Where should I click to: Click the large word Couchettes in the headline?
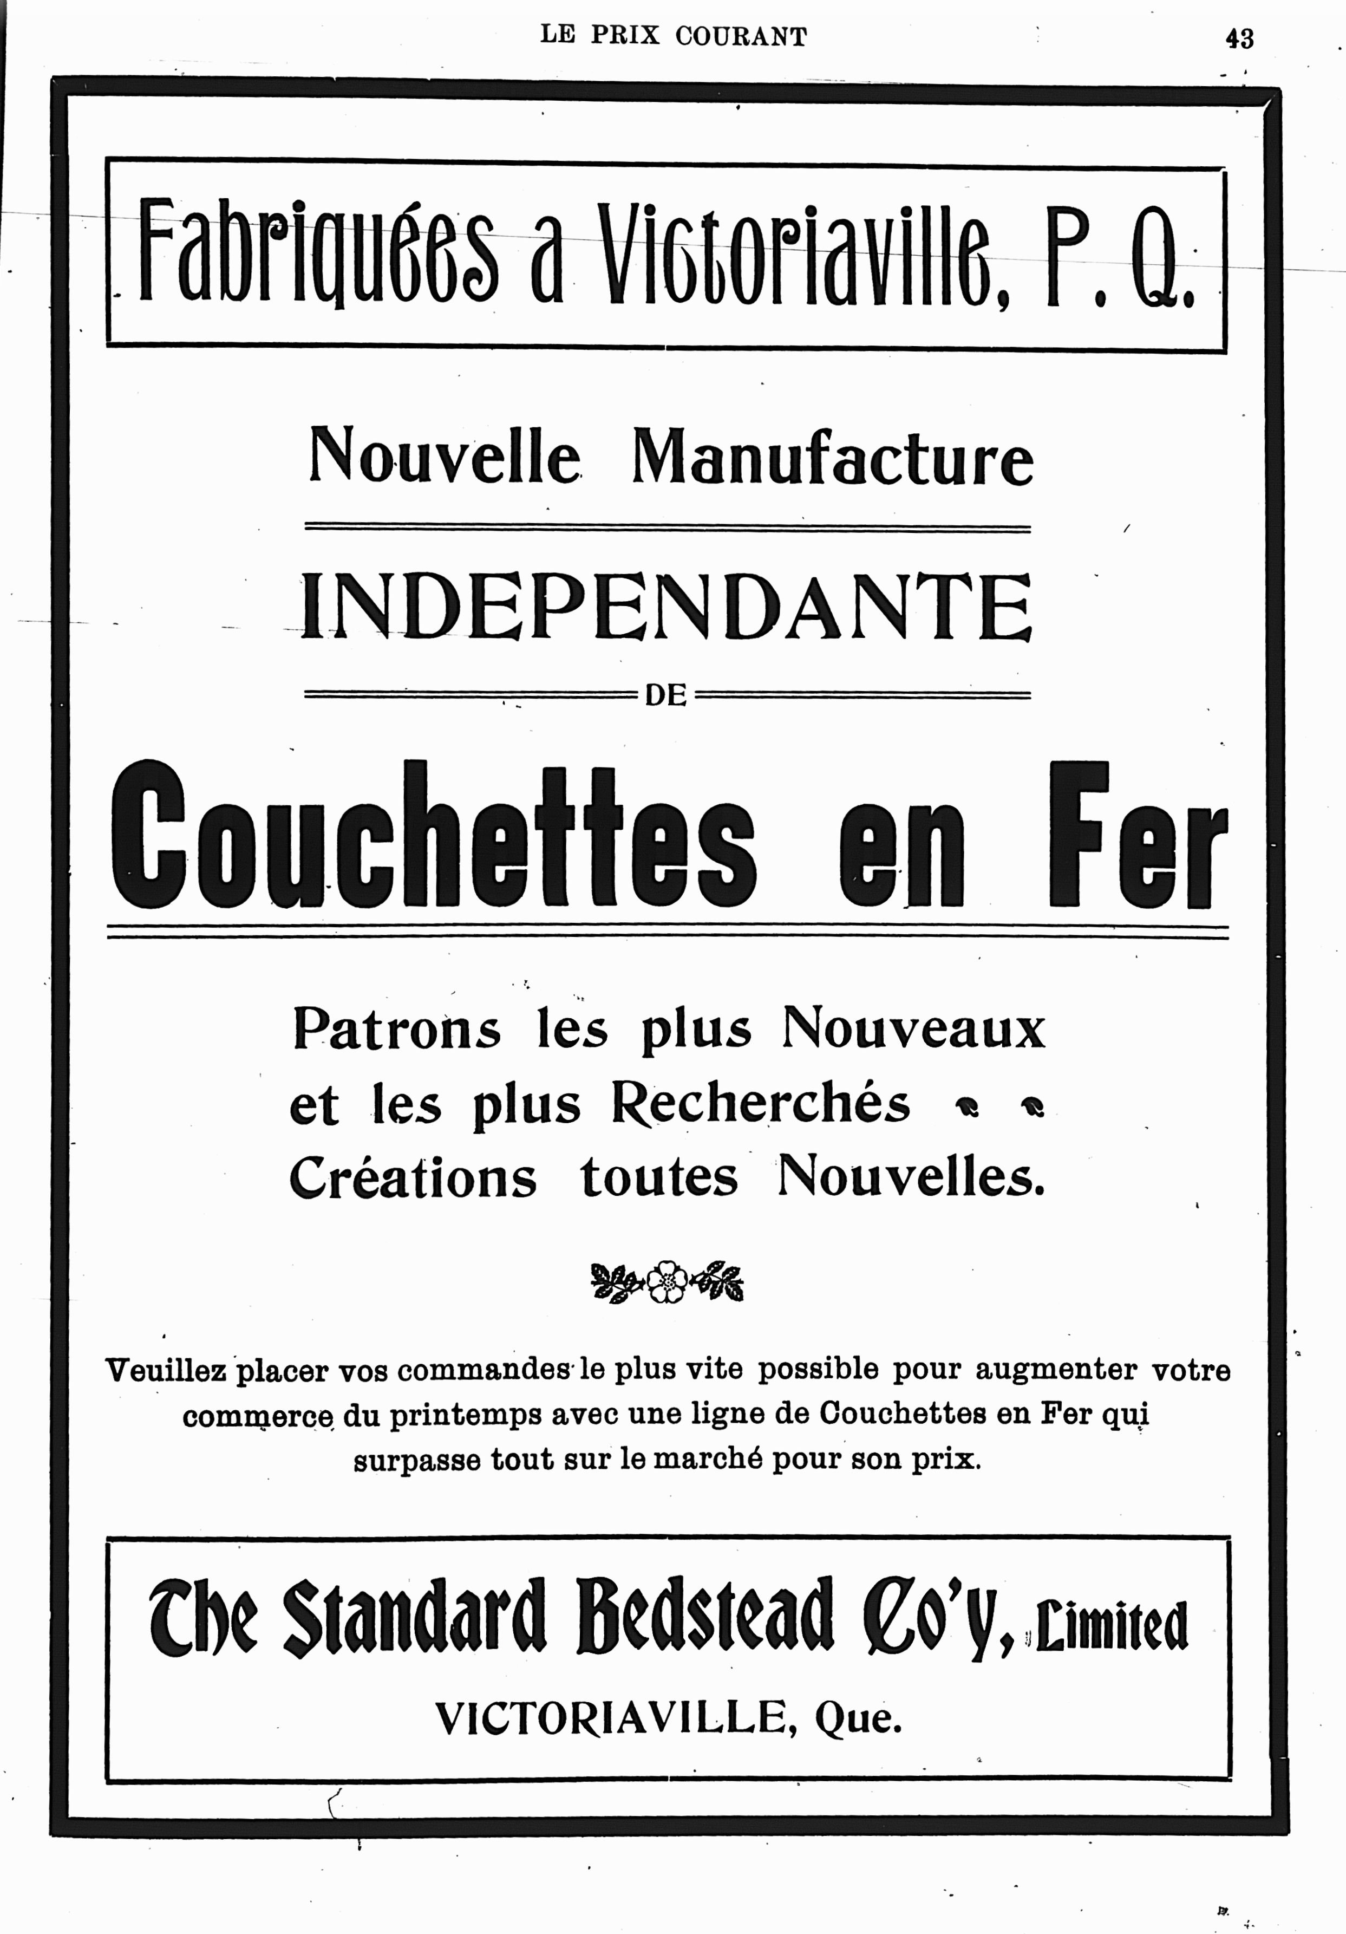(x=434, y=836)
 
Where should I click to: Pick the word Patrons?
(x=396, y=1030)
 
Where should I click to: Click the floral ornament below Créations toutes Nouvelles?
(x=667, y=1281)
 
